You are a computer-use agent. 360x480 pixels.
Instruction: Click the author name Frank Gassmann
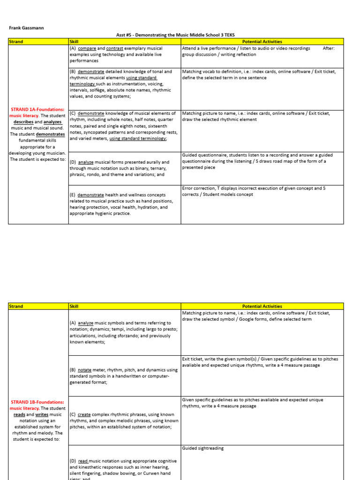(27, 28)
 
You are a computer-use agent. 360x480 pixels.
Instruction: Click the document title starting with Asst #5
(175, 35)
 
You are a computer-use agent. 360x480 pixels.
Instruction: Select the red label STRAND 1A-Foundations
(38, 109)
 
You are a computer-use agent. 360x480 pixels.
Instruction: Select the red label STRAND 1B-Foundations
(37, 402)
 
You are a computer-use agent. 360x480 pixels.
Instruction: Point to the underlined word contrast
(114, 48)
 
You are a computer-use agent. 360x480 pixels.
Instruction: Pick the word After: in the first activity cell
(329, 48)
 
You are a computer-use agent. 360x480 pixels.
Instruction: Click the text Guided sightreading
(203, 448)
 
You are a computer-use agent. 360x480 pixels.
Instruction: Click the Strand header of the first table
(16, 42)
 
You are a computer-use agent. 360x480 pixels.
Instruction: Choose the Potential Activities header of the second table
(262, 306)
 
